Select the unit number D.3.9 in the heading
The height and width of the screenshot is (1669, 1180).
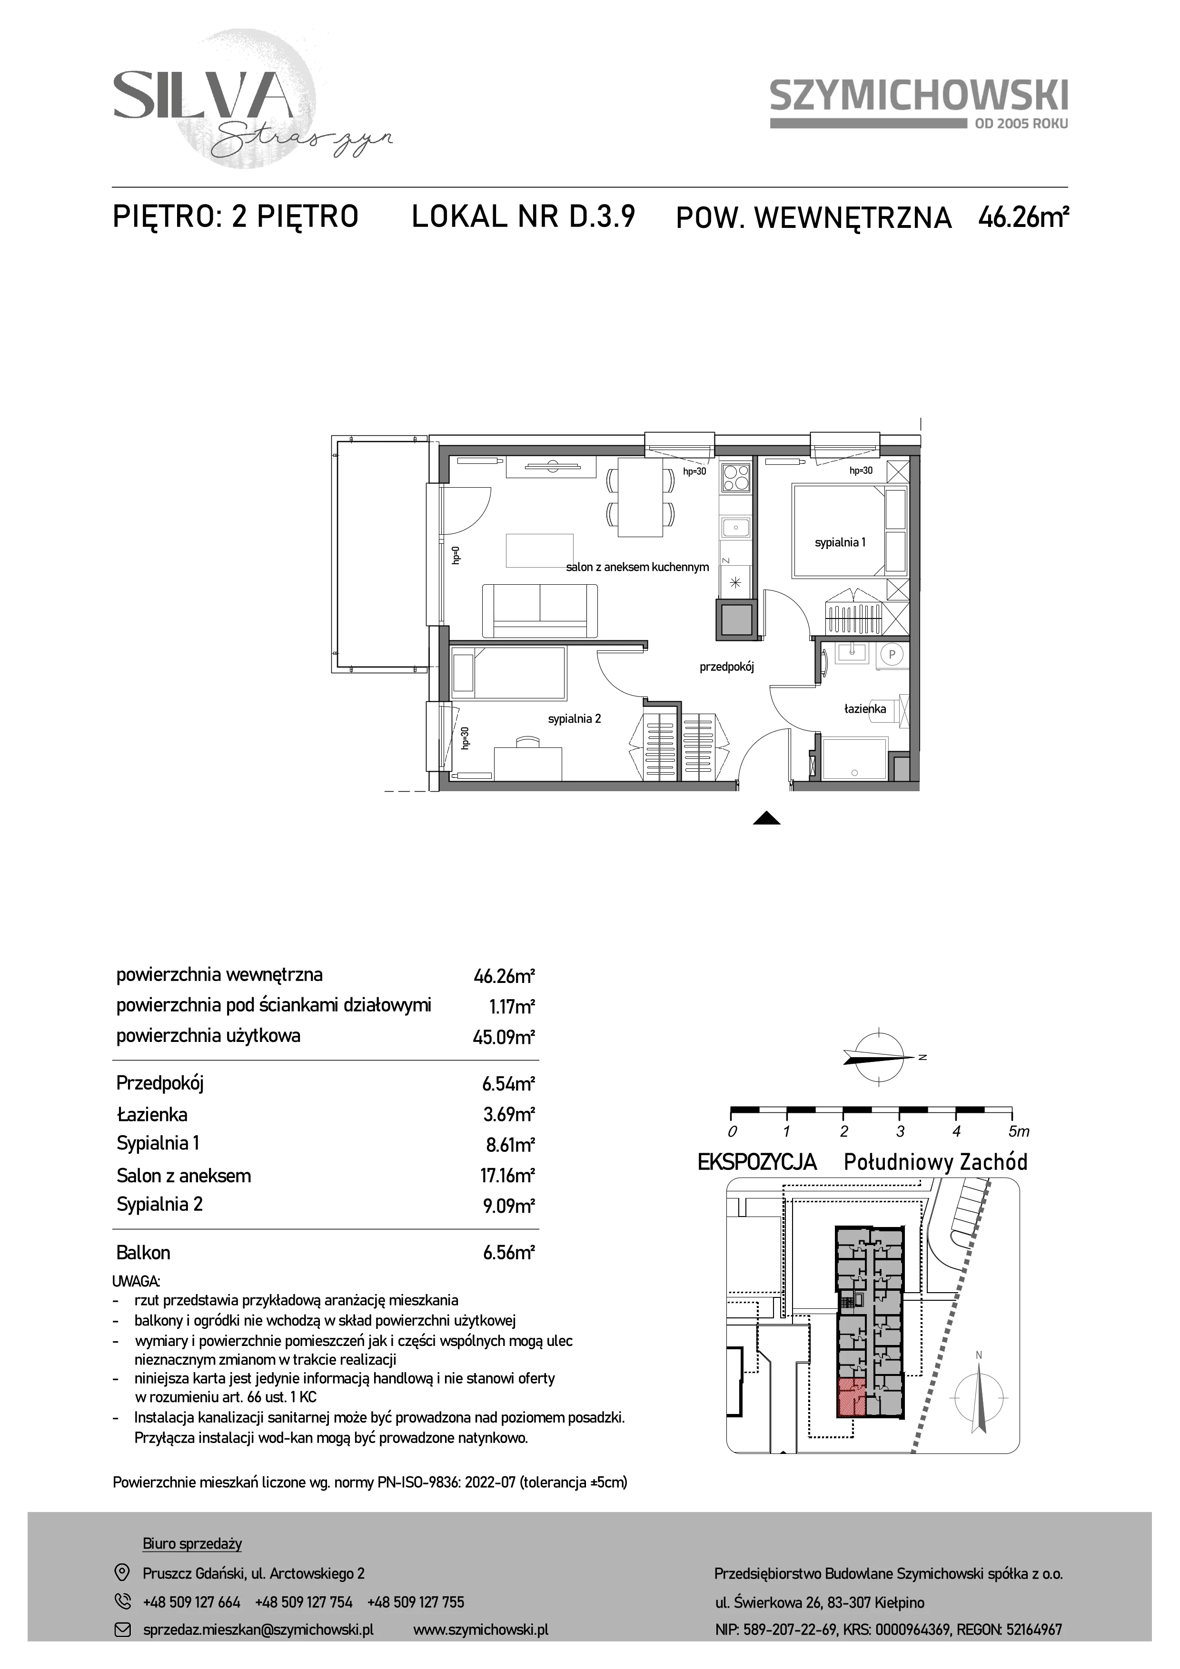603,216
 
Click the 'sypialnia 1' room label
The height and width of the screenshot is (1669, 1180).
840,542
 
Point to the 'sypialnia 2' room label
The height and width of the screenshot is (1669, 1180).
575,719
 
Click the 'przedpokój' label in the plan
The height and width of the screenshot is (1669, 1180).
726,667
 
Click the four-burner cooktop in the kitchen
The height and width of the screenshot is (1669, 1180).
734,478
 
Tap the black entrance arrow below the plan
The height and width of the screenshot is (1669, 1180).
767,818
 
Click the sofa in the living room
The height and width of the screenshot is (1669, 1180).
539,610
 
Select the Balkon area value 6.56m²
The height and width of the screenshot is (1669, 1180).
509,1253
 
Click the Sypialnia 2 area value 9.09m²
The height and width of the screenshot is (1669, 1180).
509,1206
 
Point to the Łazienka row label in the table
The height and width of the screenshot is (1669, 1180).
152,1114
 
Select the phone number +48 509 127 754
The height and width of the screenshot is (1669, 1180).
304,1602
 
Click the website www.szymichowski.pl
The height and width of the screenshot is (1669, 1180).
481,1630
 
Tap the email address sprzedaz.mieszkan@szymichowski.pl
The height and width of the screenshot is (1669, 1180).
258,1630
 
